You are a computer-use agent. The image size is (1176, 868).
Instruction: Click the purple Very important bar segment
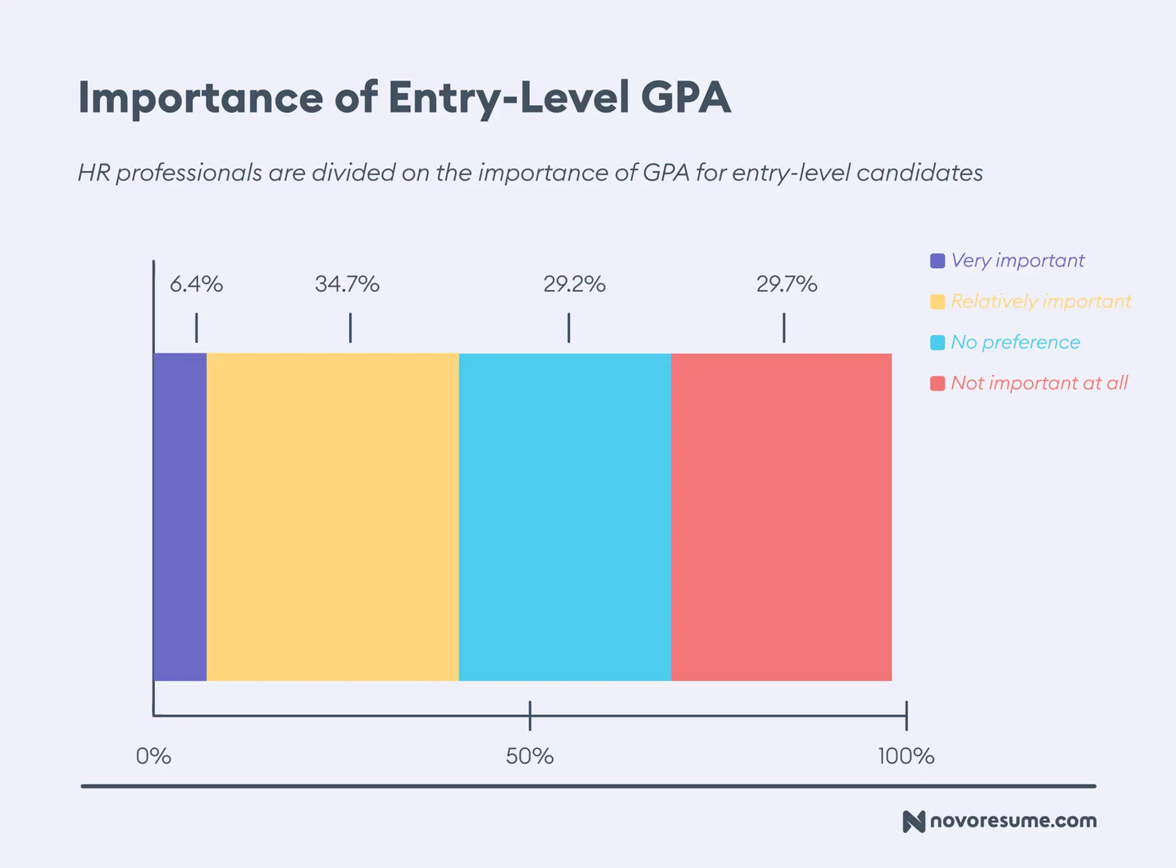tap(179, 517)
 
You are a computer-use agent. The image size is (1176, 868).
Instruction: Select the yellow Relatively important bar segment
tap(333, 517)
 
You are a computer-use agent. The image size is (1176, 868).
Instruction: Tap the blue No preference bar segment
tap(565, 517)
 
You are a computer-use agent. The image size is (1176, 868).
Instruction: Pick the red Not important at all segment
tap(781, 517)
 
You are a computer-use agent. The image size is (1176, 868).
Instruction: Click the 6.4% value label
tap(196, 284)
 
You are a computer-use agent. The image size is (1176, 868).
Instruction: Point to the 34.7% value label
tap(347, 284)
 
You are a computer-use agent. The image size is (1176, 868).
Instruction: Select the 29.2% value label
tap(575, 284)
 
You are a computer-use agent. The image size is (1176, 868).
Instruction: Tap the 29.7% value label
tap(786, 284)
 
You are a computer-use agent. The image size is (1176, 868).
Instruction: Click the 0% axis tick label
tap(153, 756)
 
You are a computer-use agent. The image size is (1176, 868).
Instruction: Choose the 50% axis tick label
tap(530, 756)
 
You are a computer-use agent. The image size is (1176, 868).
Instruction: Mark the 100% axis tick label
tap(906, 756)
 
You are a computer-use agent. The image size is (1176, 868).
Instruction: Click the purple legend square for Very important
tap(937, 261)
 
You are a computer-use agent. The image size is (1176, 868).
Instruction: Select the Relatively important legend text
tap(1041, 301)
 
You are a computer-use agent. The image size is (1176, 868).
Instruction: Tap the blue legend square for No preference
tap(937, 342)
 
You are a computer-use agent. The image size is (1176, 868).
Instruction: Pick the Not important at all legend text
tap(1039, 383)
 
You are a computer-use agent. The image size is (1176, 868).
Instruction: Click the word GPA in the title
tap(686, 97)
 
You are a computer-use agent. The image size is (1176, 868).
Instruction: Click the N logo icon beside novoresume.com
tap(913, 821)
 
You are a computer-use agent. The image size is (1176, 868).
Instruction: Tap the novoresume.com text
tap(1013, 821)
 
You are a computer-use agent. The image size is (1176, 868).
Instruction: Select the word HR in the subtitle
tap(94, 173)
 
